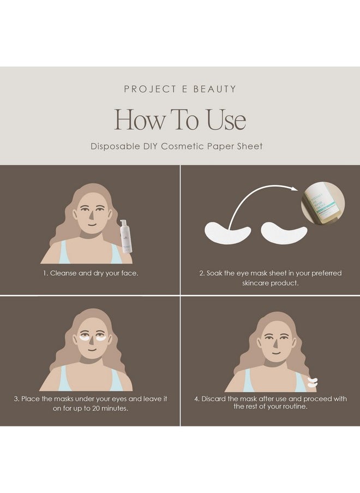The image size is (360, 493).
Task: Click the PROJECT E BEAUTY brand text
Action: [180, 89]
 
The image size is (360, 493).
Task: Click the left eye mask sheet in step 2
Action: [227, 233]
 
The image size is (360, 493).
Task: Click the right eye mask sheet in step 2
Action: [284, 233]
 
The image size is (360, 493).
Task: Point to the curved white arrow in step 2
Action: [256, 199]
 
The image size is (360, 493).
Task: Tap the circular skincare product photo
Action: [323, 204]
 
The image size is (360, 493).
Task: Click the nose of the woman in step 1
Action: [89, 218]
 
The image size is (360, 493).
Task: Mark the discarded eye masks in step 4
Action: [312, 382]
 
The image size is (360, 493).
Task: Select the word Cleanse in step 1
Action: [64, 273]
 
